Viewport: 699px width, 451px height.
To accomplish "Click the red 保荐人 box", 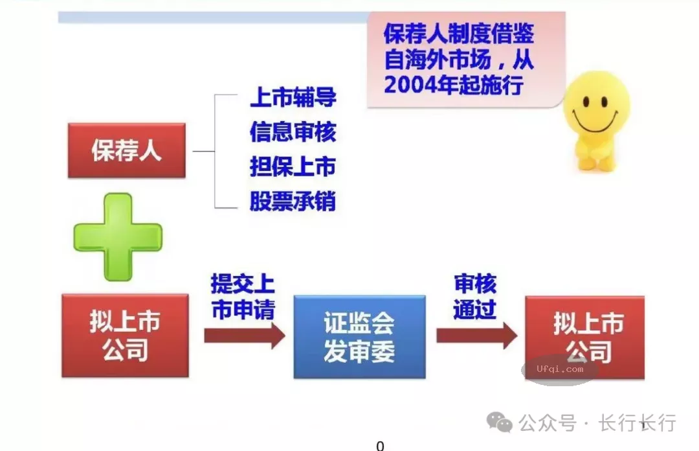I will (x=126, y=151).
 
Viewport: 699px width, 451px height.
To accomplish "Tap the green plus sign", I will (x=117, y=236).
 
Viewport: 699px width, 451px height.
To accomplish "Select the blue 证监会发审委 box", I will (x=359, y=337).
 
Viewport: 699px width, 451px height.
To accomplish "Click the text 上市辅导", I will (x=293, y=98).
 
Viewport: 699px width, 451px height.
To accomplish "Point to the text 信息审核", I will (x=293, y=132).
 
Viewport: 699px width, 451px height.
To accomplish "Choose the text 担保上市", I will (x=293, y=167).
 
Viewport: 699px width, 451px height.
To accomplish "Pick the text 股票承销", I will (x=293, y=201).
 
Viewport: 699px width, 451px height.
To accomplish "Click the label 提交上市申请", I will (x=243, y=297).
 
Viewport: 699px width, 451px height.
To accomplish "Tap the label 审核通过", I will (x=474, y=297).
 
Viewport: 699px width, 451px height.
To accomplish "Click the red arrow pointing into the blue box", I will (x=244, y=336).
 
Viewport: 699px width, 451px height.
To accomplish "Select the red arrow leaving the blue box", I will (x=476, y=336).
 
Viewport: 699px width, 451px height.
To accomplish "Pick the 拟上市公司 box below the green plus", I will (x=125, y=336).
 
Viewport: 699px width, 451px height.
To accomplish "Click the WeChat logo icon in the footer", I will (x=500, y=423).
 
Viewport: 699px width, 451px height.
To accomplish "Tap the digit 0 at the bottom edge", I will (x=380, y=445).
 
